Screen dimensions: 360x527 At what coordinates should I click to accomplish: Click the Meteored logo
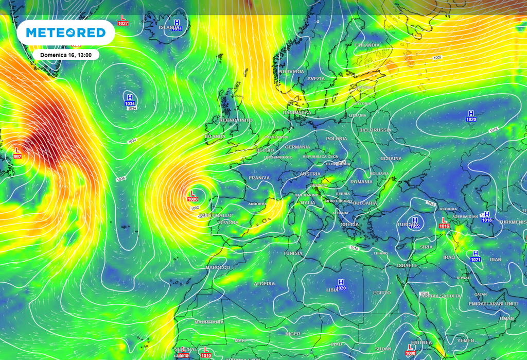tap(65, 33)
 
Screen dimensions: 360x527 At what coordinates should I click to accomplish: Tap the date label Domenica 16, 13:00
tap(65, 55)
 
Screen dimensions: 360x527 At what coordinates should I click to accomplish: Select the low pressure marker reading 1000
tap(192, 196)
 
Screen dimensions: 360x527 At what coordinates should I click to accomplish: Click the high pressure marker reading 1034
tap(130, 100)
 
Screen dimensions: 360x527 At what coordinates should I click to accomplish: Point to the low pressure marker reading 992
tap(17, 153)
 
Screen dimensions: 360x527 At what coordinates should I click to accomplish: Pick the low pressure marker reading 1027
tap(123, 20)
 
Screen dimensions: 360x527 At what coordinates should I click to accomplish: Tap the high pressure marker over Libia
tap(340, 285)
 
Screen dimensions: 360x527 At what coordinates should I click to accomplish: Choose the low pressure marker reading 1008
tap(411, 350)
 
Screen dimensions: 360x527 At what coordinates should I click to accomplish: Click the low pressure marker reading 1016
tap(444, 223)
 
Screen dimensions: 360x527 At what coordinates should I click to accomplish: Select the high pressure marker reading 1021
tap(476, 256)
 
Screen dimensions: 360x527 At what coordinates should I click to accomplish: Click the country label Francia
tap(259, 178)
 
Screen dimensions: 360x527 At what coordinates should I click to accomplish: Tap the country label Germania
tap(297, 147)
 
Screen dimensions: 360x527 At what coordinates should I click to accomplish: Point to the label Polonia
tap(336, 139)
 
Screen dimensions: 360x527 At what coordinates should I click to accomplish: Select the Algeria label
tap(264, 284)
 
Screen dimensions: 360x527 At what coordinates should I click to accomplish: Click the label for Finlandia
tap(367, 45)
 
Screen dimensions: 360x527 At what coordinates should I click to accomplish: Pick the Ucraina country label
tap(391, 159)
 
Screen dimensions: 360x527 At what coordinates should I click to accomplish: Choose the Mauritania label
tap(209, 322)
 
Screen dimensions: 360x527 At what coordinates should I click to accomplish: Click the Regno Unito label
tap(236, 120)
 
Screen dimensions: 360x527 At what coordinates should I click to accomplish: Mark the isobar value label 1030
tap(132, 141)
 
